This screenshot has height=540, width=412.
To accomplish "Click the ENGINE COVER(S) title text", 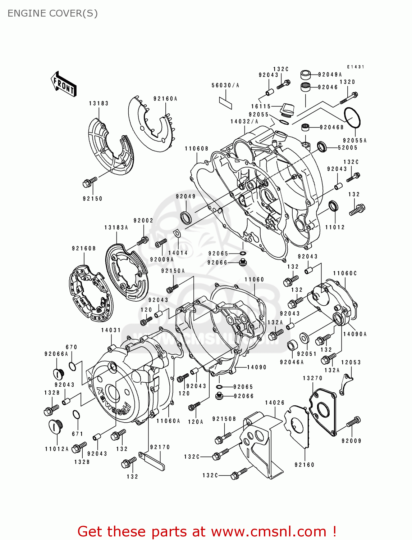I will [x=52, y=13].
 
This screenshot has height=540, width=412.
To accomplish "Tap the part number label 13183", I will [x=99, y=103].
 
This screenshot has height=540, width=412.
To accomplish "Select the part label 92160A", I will [x=165, y=99].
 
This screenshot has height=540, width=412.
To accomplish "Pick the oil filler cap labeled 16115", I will [x=287, y=110].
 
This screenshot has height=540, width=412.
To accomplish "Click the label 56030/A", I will [x=225, y=85].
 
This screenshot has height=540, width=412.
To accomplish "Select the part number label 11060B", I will [x=197, y=149].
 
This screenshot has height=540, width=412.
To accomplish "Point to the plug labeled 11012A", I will [x=55, y=427].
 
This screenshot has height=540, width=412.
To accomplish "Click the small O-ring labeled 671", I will [x=76, y=415].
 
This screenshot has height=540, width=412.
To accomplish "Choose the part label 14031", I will [x=111, y=330].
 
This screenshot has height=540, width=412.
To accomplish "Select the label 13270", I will [x=312, y=378].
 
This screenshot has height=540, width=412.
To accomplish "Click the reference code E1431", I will [x=356, y=67].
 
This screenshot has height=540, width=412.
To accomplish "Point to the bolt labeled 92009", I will [x=353, y=422].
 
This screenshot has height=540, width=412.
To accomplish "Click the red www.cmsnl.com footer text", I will [x=207, y=531].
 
